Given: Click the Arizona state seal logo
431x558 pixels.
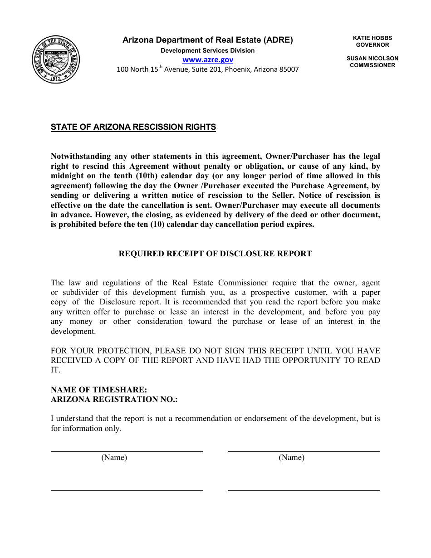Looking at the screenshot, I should pyautogui.click(x=57, y=60).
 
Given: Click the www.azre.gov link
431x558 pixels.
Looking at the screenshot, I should pyautogui.click(x=208, y=59).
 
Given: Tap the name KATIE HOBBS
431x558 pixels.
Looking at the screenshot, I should pyautogui.click(x=372, y=38).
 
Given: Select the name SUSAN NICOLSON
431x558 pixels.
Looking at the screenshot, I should pyautogui.click(x=372, y=59).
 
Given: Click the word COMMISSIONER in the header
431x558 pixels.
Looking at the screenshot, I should pyautogui.click(x=372, y=65).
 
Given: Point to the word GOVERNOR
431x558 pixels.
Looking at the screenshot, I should pyautogui.click(x=372, y=45).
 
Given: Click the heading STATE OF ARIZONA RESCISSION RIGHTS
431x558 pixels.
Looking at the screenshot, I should pyautogui.click(x=133, y=127).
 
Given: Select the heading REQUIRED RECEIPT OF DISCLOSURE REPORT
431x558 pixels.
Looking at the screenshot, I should pyautogui.click(x=215, y=254).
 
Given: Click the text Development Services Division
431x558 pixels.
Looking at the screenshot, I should pyautogui.click(x=208, y=50).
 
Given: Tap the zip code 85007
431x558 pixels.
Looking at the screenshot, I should pyautogui.click(x=288, y=70).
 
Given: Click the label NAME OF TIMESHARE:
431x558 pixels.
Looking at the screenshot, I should pyautogui.click(x=99, y=390).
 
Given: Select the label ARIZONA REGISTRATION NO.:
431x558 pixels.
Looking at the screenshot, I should pyautogui.click(x=114, y=399).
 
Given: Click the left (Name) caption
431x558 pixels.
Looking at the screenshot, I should pyautogui.click(x=114, y=458).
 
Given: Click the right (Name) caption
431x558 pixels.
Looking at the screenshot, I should pyautogui.click(x=291, y=458).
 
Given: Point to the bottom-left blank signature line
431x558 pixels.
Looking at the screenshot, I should pyautogui.click(x=127, y=490).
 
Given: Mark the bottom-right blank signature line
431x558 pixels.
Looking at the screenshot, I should pyautogui.click(x=304, y=490).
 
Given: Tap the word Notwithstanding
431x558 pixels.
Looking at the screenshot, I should pyautogui.click(x=80, y=156).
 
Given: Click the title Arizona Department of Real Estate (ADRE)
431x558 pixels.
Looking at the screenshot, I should pyautogui.click(x=208, y=40).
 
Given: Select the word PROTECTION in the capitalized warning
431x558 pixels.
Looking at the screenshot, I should pyautogui.click(x=122, y=351).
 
